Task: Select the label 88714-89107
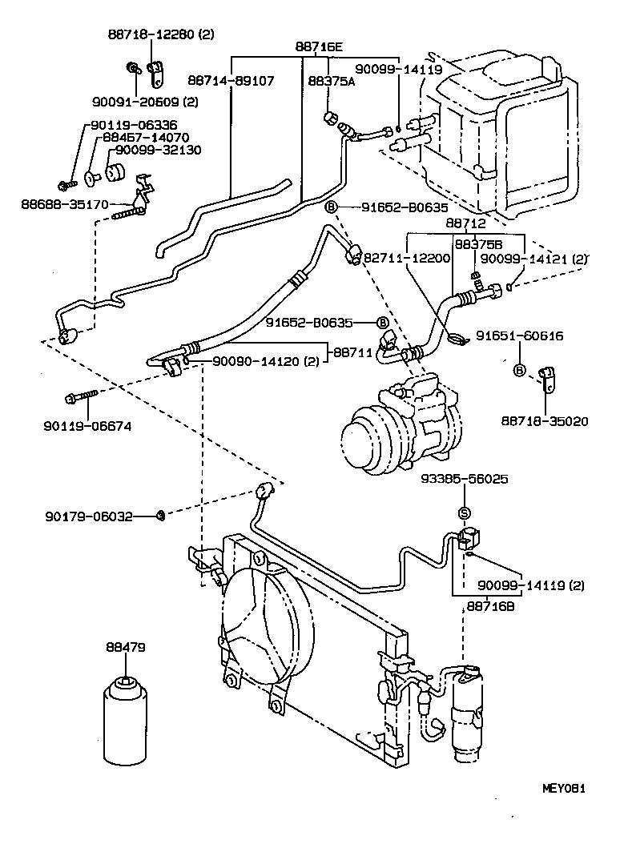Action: pyautogui.click(x=231, y=81)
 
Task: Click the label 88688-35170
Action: pyautogui.click(x=64, y=204)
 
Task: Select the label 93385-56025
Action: pyautogui.click(x=465, y=479)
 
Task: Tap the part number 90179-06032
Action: pyautogui.click(x=88, y=517)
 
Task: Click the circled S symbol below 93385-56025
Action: pyautogui.click(x=464, y=513)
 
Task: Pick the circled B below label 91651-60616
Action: pyautogui.click(x=519, y=370)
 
